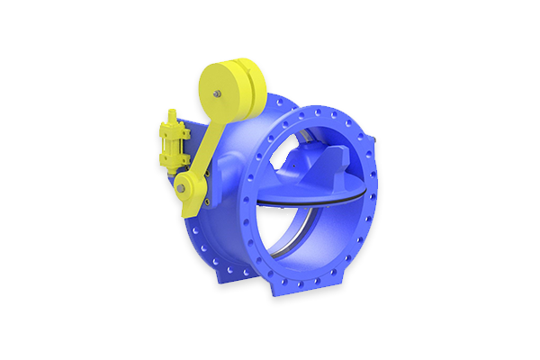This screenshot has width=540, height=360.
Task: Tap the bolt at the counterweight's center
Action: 217,92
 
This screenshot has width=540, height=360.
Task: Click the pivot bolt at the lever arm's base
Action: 182,189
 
